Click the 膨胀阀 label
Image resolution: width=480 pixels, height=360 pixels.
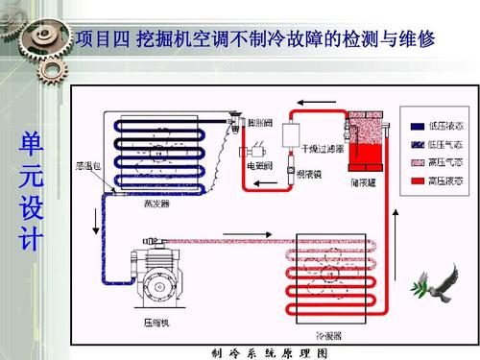pyautogui.click(x=260, y=125)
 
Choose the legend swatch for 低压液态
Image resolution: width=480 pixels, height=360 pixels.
pyautogui.click(x=416, y=126)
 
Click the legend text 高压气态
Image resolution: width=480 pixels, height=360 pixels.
pyautogui.click(x=446, y=162)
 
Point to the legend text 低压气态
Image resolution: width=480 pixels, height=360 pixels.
pyautogui.click(x=446, y=144)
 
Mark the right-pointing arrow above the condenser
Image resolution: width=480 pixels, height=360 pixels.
pyautogui.click(x=231, y=231)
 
